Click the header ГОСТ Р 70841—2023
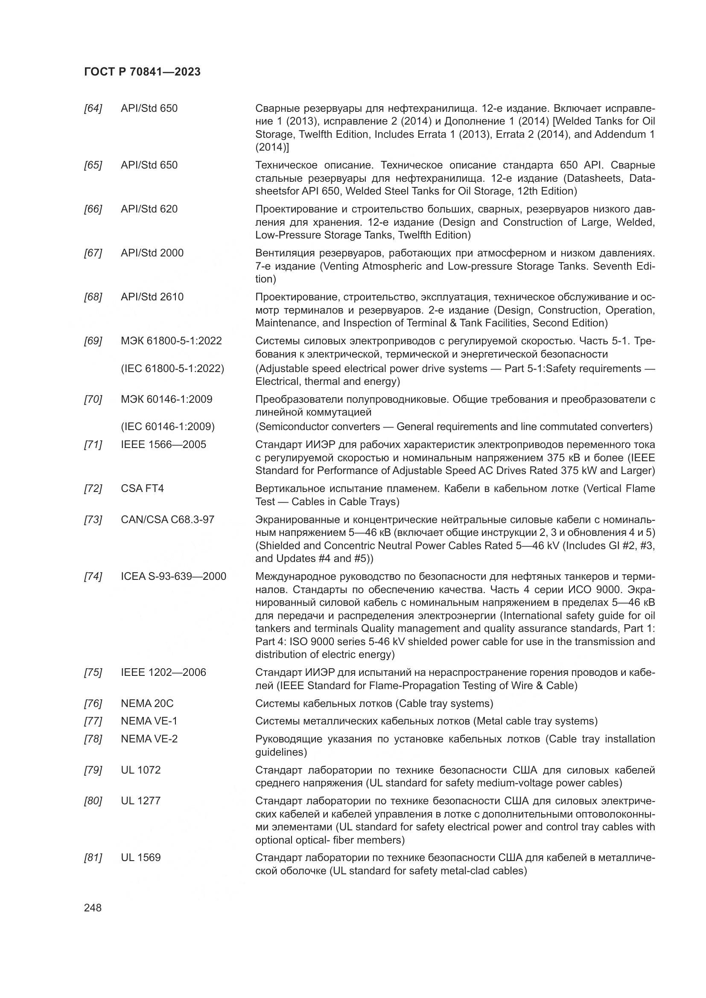tap(142, 72)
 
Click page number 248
tap(93, 908)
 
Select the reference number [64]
tap(93, 108)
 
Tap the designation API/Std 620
tap(149, 209)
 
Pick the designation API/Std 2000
tap(152, 253)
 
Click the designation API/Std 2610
tap(152, 297)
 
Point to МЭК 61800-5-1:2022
tap(171, 341)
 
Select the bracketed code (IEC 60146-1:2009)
tap(168, 426)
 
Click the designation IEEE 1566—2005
tap(163, 445)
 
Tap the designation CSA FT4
tap(142, 489)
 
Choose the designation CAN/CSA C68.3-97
tap(167, 520)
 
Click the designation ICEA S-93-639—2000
tap(173, 576)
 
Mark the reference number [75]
tap(93, 672)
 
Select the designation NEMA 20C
tap(147, 703)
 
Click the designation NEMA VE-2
tap(149, 739)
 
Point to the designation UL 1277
tap(140, 800)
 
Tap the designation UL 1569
tap(140, 858)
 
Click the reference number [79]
tap(93, 770)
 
